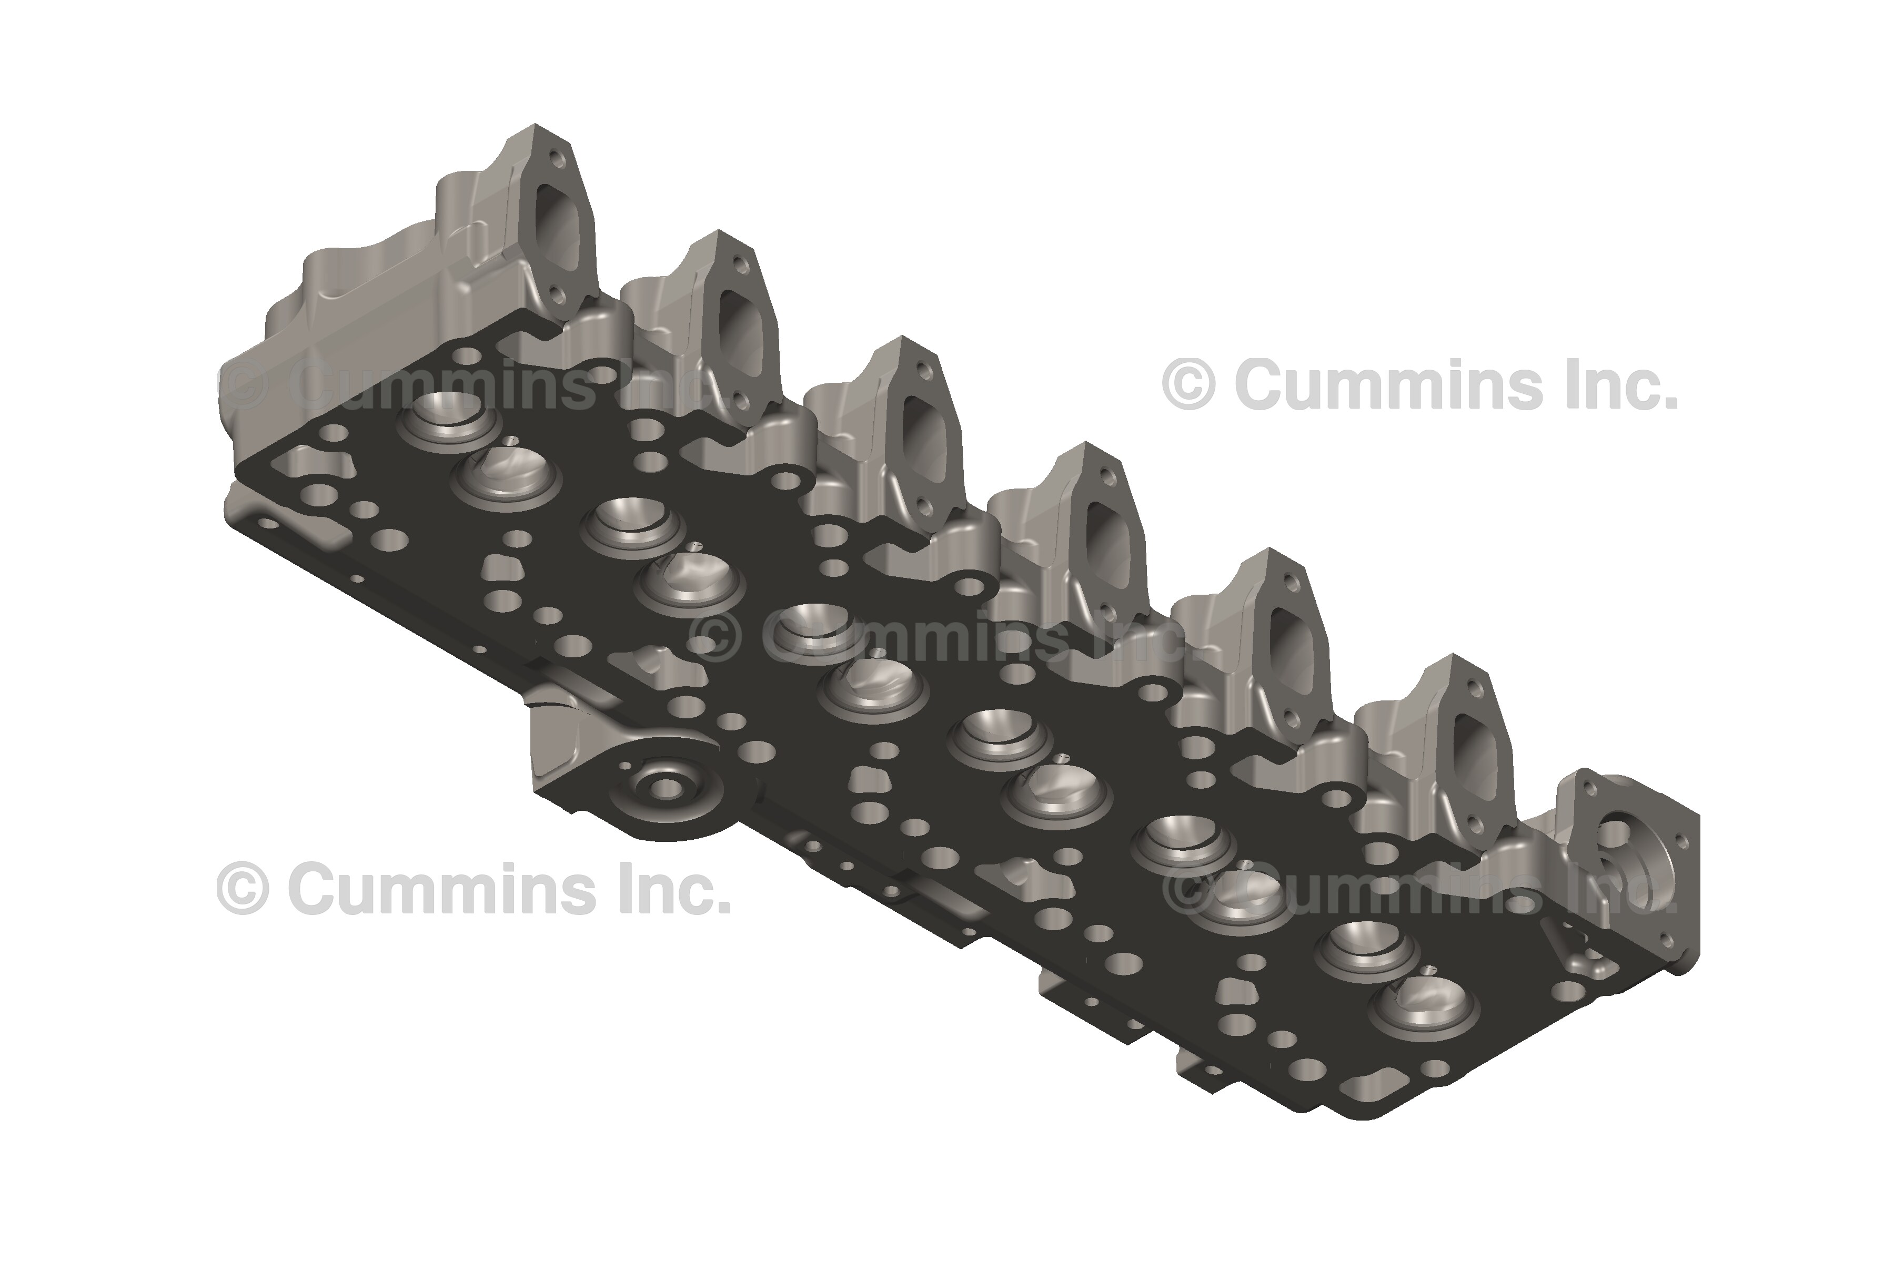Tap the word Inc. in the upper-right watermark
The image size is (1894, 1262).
coord(1622,385)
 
